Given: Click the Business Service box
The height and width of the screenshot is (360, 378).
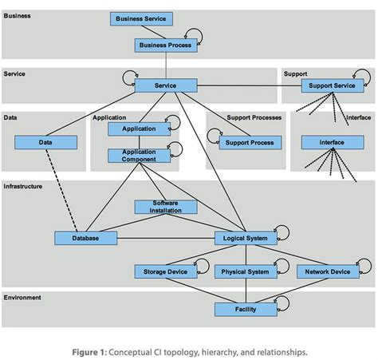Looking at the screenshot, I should coord(140,18).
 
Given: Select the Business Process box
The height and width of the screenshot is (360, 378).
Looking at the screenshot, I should coord(165,45).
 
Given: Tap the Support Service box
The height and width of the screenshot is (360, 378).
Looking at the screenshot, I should coord(332,85).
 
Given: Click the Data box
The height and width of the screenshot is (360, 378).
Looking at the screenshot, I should coord(46,142).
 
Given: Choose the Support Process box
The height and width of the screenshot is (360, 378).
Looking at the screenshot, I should coord(249,142).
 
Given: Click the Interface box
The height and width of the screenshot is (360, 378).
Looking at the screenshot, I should coord(332,142).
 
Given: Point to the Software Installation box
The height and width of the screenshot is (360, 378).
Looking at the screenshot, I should coord(166,207).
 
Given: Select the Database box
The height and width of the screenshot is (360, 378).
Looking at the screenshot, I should coord(86,238).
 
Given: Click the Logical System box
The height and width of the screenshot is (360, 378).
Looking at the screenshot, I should coord(246,238).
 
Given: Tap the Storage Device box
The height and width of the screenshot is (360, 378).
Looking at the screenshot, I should coord(165,272).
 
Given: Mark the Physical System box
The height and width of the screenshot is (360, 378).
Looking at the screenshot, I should coord(246,272).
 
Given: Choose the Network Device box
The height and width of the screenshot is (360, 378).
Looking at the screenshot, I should coord(327,272).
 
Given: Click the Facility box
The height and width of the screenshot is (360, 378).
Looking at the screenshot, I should coord(246,309).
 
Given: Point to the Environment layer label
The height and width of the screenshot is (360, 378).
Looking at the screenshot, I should coord(22,297).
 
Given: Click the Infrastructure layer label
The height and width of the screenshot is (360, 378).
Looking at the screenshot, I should coord(24,186).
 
